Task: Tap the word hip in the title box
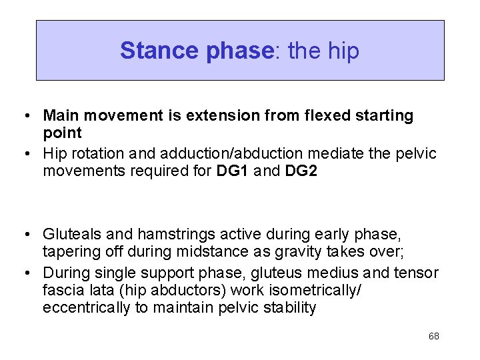[x=343, y=51]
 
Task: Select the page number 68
[x=433, y=336]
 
